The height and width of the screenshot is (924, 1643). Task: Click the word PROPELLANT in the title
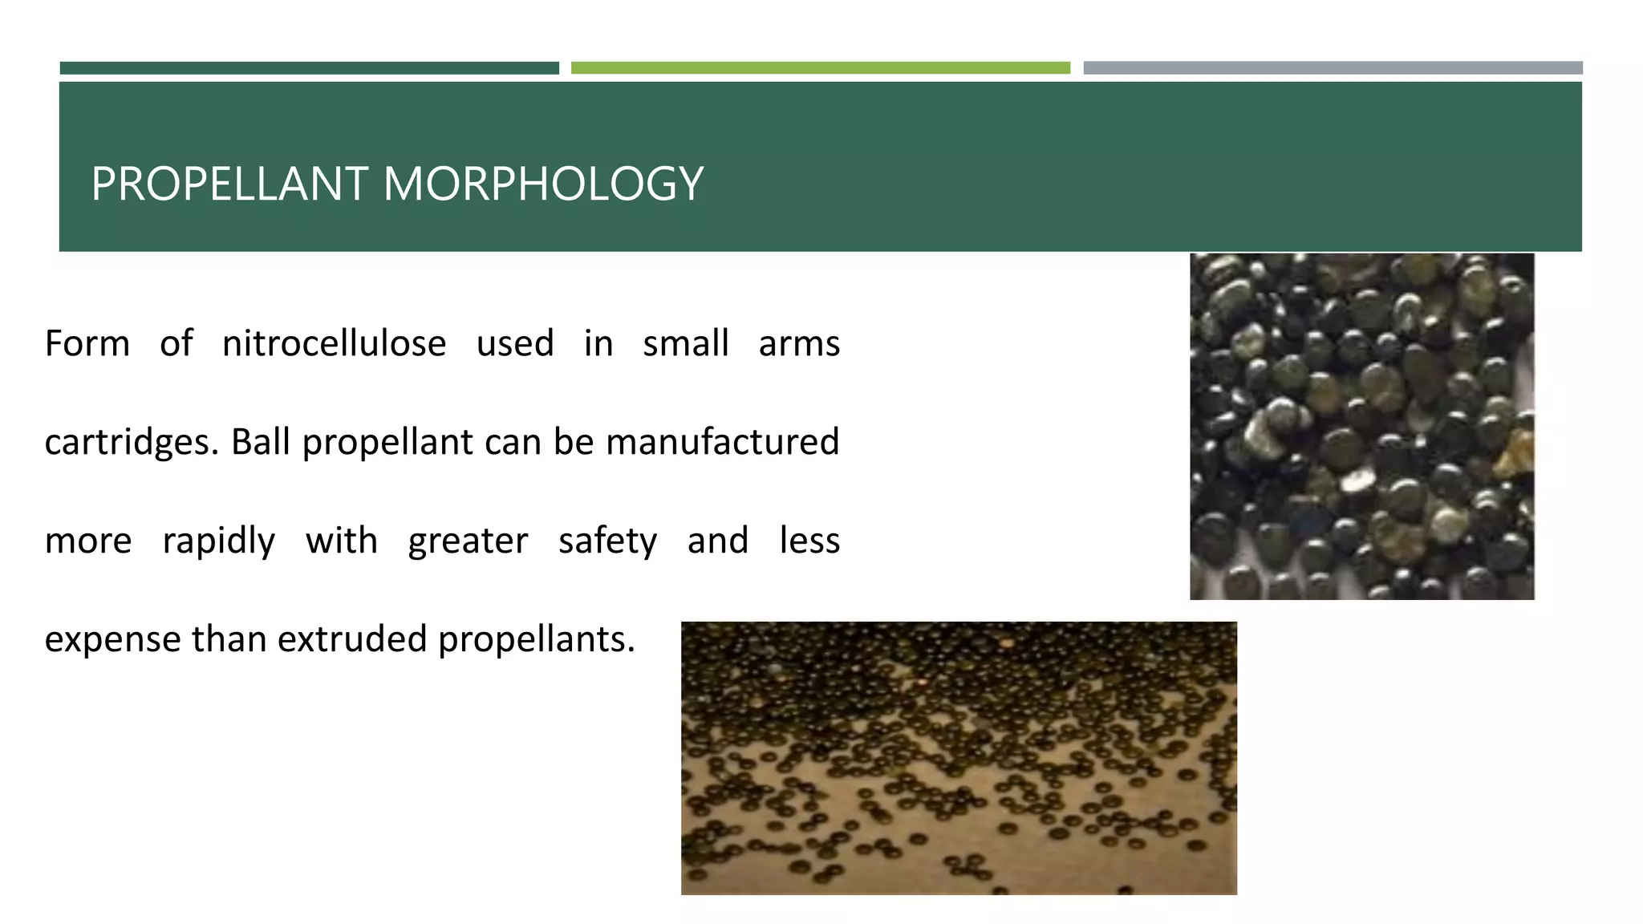click(x=229, y=184)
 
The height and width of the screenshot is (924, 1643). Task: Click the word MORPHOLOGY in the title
click(x=543, y=184)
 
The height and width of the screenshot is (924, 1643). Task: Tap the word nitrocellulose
click(x=334, y=343)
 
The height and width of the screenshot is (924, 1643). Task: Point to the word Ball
click(x=261, y=441)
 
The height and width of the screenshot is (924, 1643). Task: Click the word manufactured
click(x=722, y=441)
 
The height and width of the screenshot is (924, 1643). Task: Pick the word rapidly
click(x=218, y=541)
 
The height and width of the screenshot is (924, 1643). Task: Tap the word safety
click(x=607, y=541)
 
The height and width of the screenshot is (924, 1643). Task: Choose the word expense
click(x=112, y=640)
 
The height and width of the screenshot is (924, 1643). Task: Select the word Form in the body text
click(x=87, y=343)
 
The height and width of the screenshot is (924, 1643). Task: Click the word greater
click(x=468, y=541)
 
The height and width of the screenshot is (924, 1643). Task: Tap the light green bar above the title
click(x=820, y=68)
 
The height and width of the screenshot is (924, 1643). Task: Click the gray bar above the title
click(x=1333, y=68)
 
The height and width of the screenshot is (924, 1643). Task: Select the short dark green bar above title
click(x=309, y=68)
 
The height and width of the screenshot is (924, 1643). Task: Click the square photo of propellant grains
click(x=1361, y=426)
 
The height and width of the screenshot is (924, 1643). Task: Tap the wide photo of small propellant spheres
click(x=959, y=757)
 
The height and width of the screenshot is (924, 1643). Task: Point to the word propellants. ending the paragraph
click(x=536, y=640)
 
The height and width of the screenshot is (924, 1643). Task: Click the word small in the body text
click(x=685, y=343)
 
